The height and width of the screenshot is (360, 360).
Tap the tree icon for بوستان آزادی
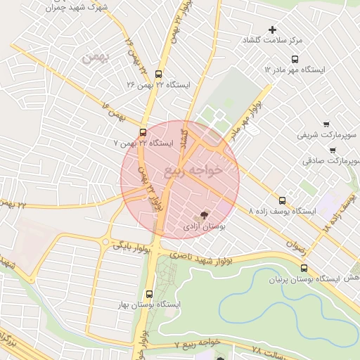coord(204,214)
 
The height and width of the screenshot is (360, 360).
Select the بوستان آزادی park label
coord(204,226)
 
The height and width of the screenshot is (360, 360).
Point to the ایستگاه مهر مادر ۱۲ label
coord(295,70)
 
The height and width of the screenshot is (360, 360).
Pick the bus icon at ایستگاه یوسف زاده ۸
coord(282,200)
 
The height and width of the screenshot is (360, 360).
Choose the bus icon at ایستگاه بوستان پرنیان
coord(304,267)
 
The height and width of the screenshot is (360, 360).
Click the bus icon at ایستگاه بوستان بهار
coord(149,294)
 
